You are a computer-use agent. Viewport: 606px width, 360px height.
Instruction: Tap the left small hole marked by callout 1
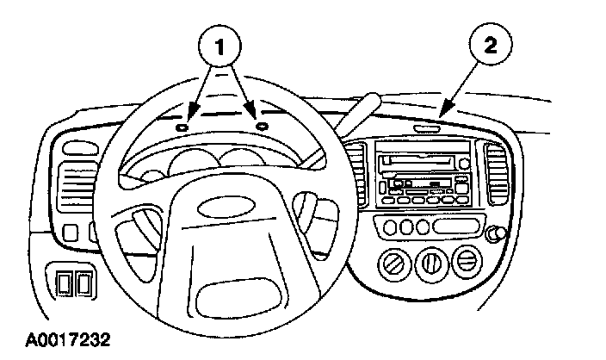pos(181,127)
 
